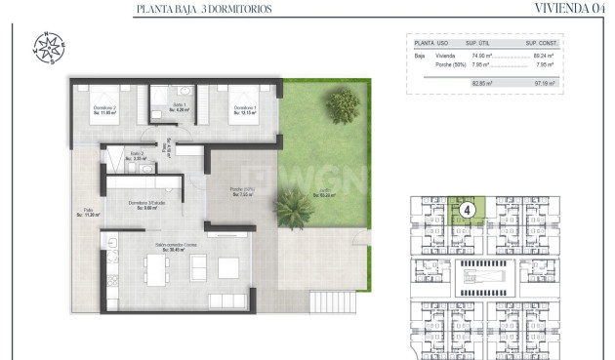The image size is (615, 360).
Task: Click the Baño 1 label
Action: pyautogui.click(x=179, y=106)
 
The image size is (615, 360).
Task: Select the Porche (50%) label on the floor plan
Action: pyautogui.click(x=242, y=190)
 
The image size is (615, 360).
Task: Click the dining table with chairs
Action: pyautogui.click(x=157, y=268)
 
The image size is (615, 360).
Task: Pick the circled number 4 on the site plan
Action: pyautogui.click(x=468, y=209)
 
